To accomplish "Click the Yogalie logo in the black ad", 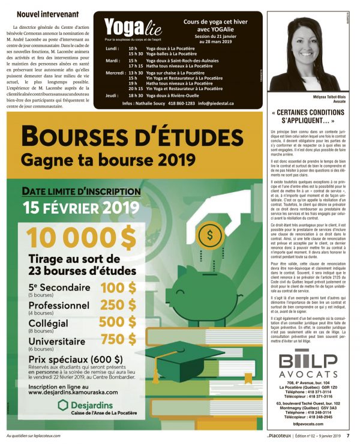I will (124, 28).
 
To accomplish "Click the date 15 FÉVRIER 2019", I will (79, 208).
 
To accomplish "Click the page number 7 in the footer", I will (348, 436).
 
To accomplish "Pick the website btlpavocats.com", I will (308, 424).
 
